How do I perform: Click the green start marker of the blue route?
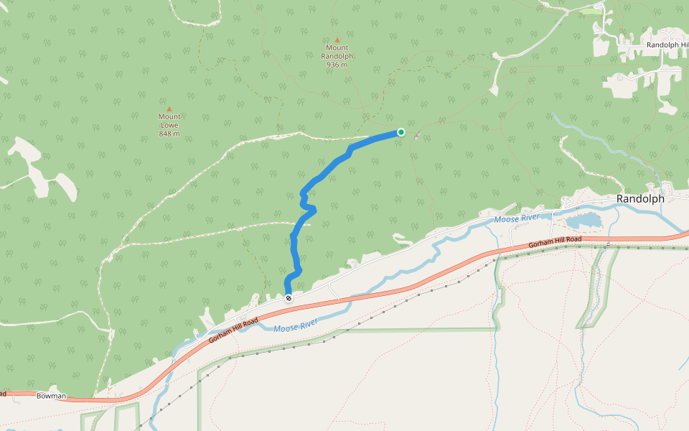coord(400,132)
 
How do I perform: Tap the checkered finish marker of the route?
coord(289,298)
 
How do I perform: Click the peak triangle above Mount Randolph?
coord(337,40)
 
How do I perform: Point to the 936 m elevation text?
coord(337,65)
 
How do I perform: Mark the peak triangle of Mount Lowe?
coord(169,109)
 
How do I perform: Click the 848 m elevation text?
coord(169,134)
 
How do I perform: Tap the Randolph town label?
coord(641,198)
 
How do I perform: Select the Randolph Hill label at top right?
coord(667,45)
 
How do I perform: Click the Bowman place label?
coord(51,396)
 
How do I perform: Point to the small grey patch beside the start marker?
coord(416,136)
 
